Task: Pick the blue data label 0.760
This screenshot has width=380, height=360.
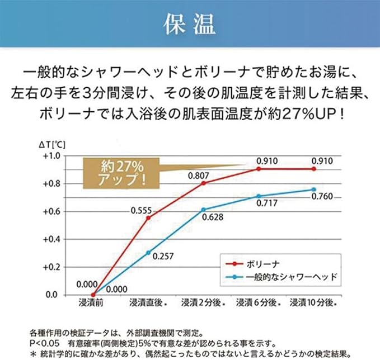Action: (x=322, y=196)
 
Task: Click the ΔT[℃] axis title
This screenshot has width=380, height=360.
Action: (x=52, y=144)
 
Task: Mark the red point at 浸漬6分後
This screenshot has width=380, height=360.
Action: (x=259, y=169)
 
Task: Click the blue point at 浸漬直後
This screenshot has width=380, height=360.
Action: (x=148, y=253)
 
